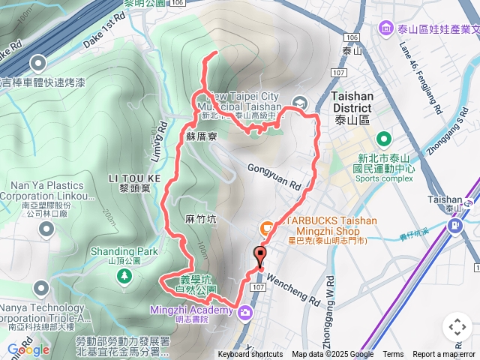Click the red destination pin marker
259,255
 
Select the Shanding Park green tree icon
122,277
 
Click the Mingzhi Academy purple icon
244,312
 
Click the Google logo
28,349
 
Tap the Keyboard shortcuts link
250,355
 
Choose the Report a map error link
443,355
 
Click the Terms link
393,355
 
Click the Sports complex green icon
384,139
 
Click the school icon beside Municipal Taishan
298,103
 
